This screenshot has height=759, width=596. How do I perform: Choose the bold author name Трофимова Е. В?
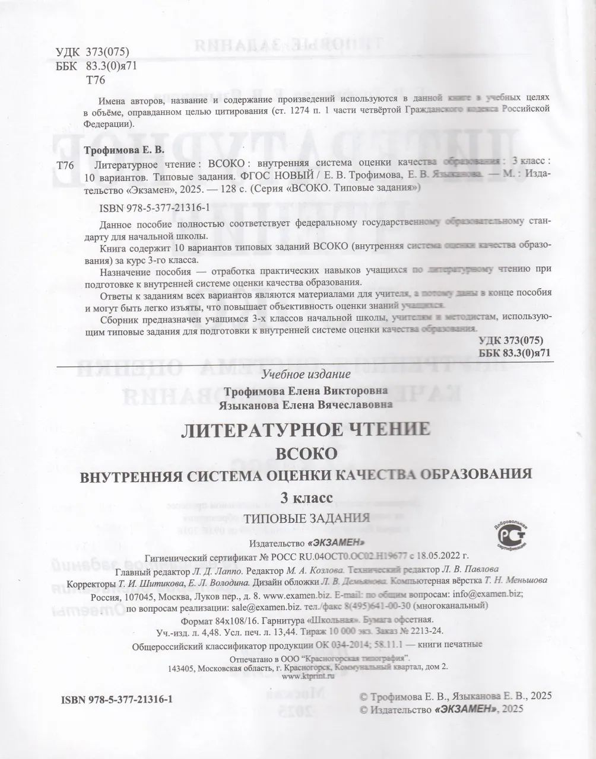(x=123, y=151)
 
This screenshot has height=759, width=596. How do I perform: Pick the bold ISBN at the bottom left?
(x=116, y=700)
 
